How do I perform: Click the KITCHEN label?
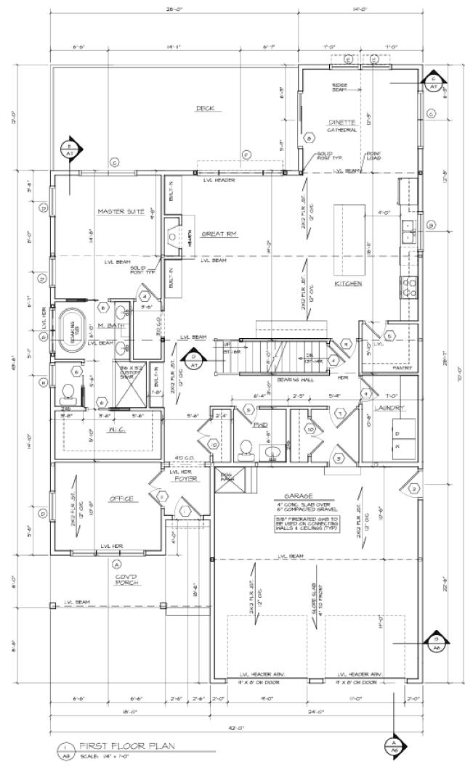(x=348, y=283)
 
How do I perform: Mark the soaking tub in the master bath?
(x=72, y=327)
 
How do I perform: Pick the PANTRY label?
(x=402, y=368)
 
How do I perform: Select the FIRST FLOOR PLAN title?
(x=126, y=746)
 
